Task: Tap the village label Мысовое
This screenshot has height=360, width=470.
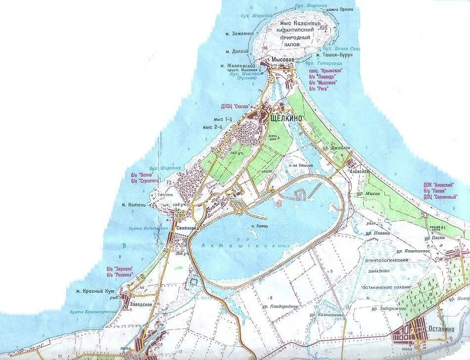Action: [282, 60]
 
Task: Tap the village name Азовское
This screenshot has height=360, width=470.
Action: [360, 171]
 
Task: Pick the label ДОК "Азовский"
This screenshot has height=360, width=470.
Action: [439, 184]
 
